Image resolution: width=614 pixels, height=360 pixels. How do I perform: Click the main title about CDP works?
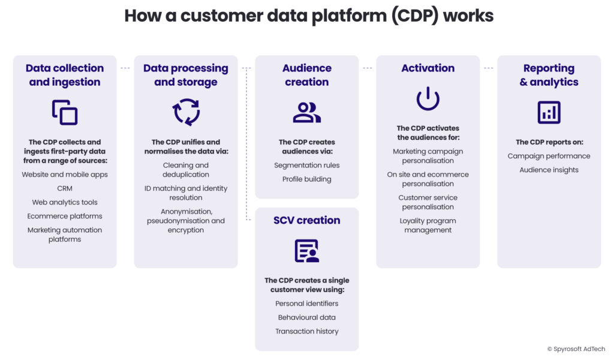[309, 16]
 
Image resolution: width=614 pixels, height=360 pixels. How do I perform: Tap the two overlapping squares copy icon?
[65, 113]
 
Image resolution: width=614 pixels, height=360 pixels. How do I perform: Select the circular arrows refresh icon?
[186, 112]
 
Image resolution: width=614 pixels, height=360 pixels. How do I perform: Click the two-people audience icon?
[306, 113]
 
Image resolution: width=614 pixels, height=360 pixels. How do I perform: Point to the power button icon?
[428, 98]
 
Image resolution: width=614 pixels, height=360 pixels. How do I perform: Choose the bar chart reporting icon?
[549, 112]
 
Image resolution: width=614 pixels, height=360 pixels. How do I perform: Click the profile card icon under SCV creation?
[306, 251]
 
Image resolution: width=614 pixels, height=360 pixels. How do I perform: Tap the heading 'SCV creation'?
[306, 220]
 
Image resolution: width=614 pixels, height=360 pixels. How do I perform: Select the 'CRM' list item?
[65, 188]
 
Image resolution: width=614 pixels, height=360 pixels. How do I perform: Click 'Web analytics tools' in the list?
[65, 202]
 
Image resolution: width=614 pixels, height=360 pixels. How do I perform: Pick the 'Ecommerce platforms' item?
[65, 216]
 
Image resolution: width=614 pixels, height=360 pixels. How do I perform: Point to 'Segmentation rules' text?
[306, 165]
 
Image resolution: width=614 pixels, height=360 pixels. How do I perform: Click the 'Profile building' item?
[306, 179]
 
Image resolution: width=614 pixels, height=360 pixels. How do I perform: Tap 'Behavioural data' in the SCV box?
[306, 317]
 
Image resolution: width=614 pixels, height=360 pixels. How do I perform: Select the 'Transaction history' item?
[306, 331]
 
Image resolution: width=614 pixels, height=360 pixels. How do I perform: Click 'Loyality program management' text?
[428, 226]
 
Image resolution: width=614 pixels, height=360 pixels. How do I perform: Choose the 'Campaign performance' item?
[549, 156]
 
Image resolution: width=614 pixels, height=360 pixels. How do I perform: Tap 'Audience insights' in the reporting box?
[549, 170]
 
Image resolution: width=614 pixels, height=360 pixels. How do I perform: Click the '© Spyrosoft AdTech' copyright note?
[576, 349]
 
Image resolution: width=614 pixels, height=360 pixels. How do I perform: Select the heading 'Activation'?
[428, 68]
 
